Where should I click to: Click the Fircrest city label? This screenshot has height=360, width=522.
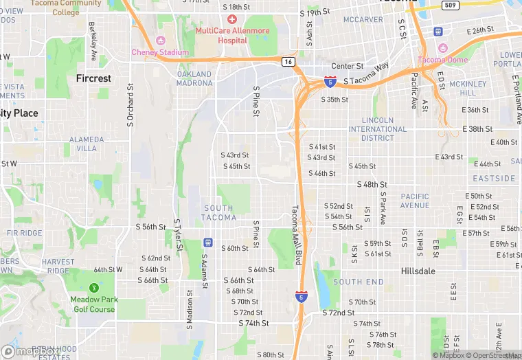click(x=93, y=78)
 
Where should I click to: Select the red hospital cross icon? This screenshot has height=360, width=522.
click(x=231, y=20)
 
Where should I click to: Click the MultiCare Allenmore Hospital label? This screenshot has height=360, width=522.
click(x=232, y=35)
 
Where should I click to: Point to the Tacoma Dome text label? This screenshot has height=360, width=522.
click(x=443, y=60)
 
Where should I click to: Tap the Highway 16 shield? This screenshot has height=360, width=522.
click(x=288, y=62)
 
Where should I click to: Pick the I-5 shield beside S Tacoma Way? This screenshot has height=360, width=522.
click(x=331, y=82)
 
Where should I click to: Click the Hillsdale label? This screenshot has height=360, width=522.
click(x=418, y=271)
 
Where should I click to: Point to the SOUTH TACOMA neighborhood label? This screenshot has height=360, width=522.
click(x=219, y=213)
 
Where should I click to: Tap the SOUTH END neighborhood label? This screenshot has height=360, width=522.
click(x=359, y=282)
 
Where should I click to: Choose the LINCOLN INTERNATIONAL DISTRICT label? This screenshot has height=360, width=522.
click(x=378, y=128)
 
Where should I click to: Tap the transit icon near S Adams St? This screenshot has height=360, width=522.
click(x=207, y=243)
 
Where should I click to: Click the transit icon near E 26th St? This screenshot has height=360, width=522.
click(x=438, y=31)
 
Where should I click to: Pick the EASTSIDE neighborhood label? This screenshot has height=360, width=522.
click(x=494, y=179)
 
